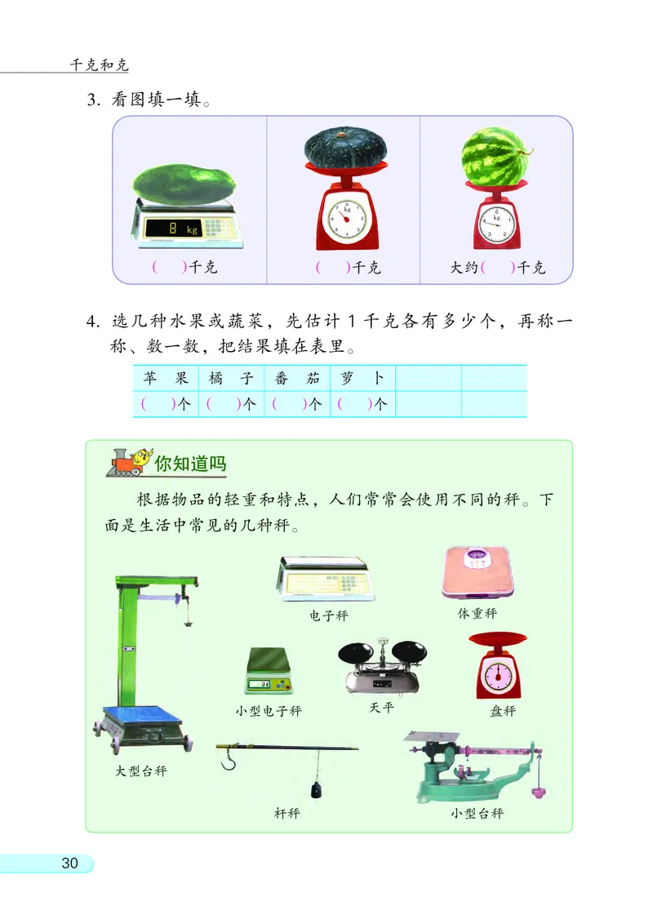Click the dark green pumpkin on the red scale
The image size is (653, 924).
click(x=345, y=147)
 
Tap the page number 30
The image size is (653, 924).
click(x=69, y=863)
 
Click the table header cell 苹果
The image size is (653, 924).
click(x=166, y=378)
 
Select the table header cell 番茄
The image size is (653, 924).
click(x=297, y=378)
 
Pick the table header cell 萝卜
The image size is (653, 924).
click(x=362, y=378)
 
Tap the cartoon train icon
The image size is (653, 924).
click(x=130, y=463)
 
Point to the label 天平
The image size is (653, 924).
click(x=381, y=708)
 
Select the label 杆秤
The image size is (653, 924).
click(x=287, y=813)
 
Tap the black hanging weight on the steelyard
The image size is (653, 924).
click(x=314, y=790)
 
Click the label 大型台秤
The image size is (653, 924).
click(x=142, y=771)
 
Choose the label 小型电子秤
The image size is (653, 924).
click(x=269, y=711)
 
